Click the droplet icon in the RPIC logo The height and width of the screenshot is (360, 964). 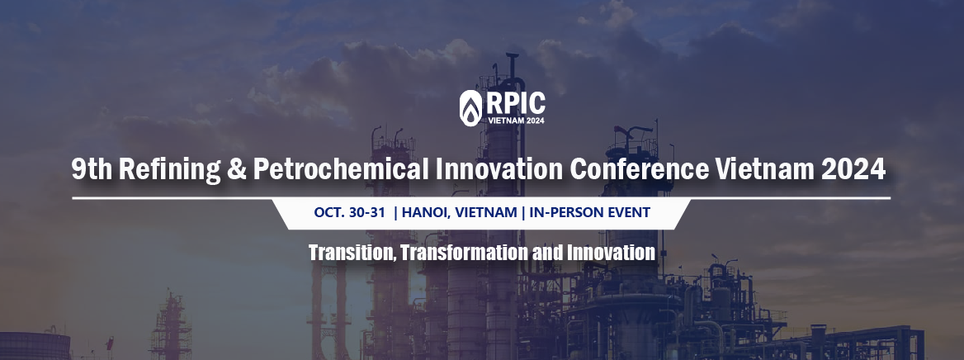tap(470, 107)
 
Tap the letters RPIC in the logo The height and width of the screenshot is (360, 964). tap(515, 103)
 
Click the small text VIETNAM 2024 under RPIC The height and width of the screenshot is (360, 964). tap(515, 121)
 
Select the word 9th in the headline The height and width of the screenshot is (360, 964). tap(92, 168)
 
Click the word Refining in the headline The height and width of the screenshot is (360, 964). tap(169, 169)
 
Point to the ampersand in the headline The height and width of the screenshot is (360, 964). tap(237, 169)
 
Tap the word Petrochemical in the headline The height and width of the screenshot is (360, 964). tap(341, 168)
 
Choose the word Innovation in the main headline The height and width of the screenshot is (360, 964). tap(499, 168)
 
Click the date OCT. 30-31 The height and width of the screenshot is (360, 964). tap(349, 213)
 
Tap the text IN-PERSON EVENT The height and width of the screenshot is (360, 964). tap(589, 213)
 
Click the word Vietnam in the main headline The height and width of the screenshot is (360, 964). tap(765, 168)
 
